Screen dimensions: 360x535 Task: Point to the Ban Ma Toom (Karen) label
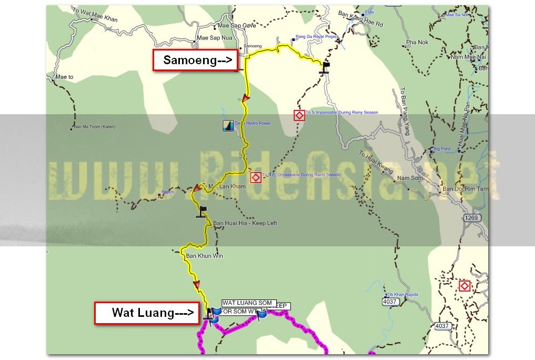[x=95, y=127]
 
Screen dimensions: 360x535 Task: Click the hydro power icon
[x=228, y=125]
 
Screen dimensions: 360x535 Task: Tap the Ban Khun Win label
[x=205, y=256]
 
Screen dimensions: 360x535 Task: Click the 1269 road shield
[x=472, y=217]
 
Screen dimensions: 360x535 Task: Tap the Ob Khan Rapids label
[x=403, y=295]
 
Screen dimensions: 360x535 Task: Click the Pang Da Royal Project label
[x=317, y=37]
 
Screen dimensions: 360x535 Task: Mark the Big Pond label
[x=442, y=149]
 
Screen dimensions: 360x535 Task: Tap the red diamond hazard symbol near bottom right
[x=464, y=286]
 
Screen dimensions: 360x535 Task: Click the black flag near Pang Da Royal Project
[x=326, y=67]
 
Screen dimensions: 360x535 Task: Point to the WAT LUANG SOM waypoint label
[x=247, y=303]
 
